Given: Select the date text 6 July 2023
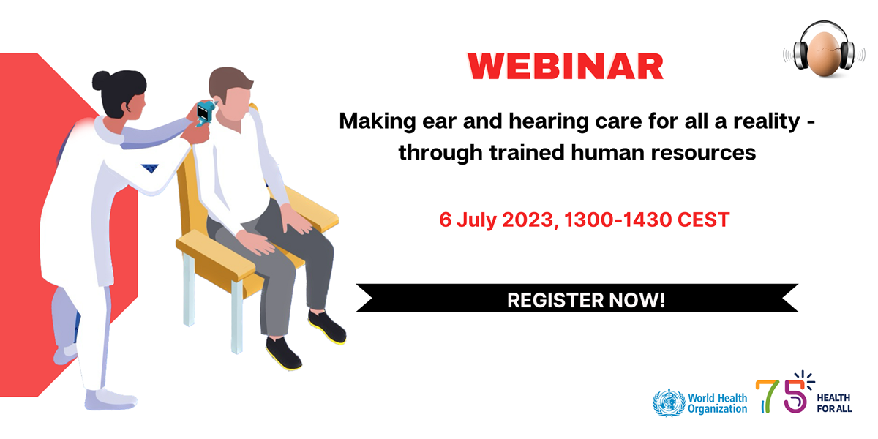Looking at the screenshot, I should click(x=495, y=219).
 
